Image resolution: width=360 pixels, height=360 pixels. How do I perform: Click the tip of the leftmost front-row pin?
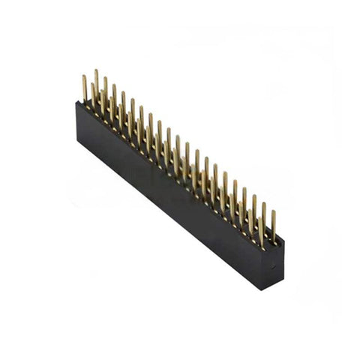tap(84, 76)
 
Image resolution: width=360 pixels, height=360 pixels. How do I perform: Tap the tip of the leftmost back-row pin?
tap(96, 71)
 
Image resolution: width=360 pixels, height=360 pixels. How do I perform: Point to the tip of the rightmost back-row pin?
tap(273, 211)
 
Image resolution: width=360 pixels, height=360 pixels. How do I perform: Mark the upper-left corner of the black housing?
tap(77, 103)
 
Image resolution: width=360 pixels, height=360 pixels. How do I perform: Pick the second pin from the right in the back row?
tap(263, 204)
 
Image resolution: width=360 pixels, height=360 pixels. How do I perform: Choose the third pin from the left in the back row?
tap(114, 86)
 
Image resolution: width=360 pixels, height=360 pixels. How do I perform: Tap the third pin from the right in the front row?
tap(241, 206)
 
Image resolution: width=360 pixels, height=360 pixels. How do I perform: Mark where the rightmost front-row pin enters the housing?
tap(261, 244)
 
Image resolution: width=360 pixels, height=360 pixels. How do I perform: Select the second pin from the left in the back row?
tap(105, 79)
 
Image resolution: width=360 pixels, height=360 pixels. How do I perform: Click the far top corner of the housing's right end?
tap(283, 242)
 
